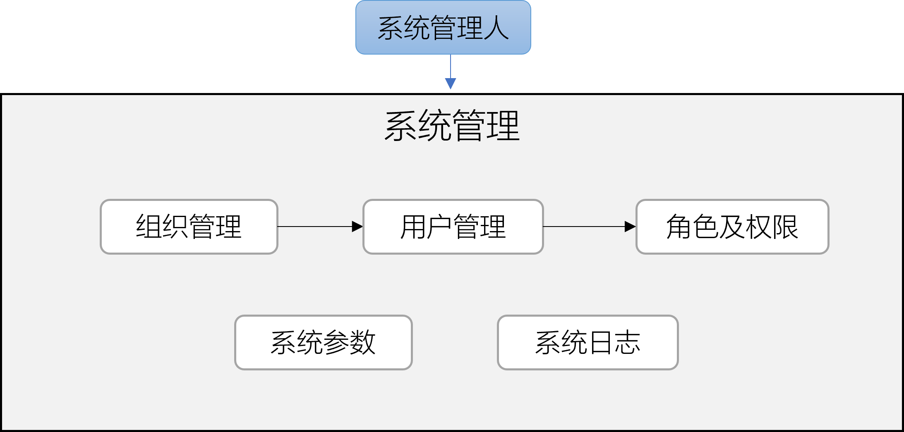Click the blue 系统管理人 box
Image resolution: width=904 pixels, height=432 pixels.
pyautogui.click(x=443, y=27)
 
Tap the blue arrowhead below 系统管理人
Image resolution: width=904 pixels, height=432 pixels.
pyautogui.click(x=451, y=84)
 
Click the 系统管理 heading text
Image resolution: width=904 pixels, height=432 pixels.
pyautogui.click(x=452, y=126)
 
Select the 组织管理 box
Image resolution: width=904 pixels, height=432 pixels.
pyautogui.click(x=189, y=227)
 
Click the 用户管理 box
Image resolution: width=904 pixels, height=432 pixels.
pyautogui.click(x=453, y=227)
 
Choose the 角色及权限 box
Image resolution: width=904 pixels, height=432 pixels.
pyautogui.click(x=732, y=227)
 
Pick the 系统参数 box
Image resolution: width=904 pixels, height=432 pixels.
pyautogui.click(x=323, y=342)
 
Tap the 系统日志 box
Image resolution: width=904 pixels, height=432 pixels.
pyautogui.click(x=587, y=342)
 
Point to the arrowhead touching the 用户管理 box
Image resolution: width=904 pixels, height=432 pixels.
pyautogui.click(x=357, y=227)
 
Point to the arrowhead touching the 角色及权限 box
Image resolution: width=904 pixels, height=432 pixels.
pyautogui.click(x=630, y=227)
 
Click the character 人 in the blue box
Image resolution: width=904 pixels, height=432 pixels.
pyautogui.click(x=496, y=28)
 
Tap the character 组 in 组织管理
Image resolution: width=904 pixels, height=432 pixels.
pyautogui.click(x=149, y=227)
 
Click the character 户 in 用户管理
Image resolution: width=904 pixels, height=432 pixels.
pyautogui.click(x=439, y=227)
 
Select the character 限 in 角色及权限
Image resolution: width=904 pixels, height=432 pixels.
pyautogui.click(x=785, y=227)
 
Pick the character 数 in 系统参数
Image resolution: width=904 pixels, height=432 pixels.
pyautogui.click(x=363, y=342)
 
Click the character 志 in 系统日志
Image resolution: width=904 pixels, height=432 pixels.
pyautogui.click(x=627, y=342)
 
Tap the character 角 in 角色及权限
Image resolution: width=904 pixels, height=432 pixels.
pyautogui.click(x=679, y=227)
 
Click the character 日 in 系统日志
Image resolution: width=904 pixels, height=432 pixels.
pyautogui.click(x=601, y=342)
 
